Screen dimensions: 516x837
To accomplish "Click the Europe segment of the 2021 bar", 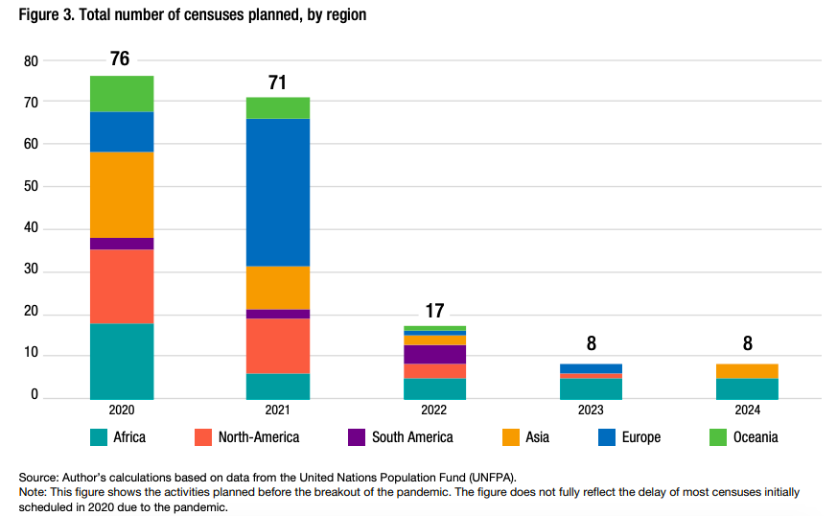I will pyautogui.click(x=277, y=192).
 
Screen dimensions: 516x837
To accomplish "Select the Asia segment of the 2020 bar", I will pyautogui.click(x=122, y=195).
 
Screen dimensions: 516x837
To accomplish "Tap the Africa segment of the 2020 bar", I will pyautogui.click(x=122, y=361).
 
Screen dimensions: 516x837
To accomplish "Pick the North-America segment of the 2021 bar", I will pyautogui.click(x=277, y=345).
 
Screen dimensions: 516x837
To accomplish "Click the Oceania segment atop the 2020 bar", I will pyautogui.click(x=122, y=93).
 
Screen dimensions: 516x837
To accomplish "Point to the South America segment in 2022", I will pyautogui.click(x=434, y=354).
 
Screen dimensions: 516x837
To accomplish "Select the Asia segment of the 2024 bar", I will pyautogui.click(x=747, y=371).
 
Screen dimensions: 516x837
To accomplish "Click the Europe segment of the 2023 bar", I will pyautogui.click(x=591, y=368).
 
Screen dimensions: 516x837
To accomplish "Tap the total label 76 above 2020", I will pyautogui.click(x=120, y=59).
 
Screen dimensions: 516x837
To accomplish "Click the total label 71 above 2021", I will pyautogui.click(x=277, y=82).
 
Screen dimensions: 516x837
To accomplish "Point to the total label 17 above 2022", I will pyautogui.click(x=434, y=311).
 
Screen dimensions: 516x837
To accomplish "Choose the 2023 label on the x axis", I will pyautogui.click(x=591, y=410).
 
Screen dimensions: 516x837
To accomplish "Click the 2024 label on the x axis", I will pyautogui.click(x=747, y=410).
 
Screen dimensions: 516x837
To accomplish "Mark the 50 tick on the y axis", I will pyautogui.click(x=31, y=186).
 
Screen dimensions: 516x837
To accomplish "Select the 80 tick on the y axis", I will pyautogui.click(x=31, y=60).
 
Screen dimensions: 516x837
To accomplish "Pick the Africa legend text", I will pyautogui.click(x=129, y=437).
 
